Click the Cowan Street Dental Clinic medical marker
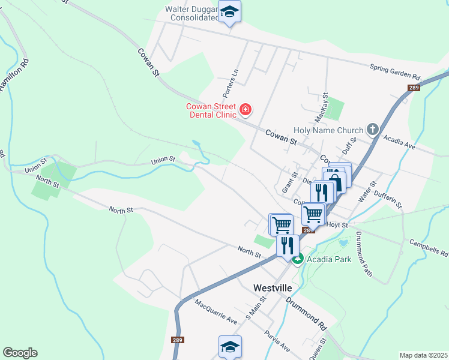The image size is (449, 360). tap(245, 109)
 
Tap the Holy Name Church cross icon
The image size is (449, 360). tap(373, 130)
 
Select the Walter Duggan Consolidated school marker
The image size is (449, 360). tap(229, 12)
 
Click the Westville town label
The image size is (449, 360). tap(272, 288)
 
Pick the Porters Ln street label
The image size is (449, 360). tap(231, 83)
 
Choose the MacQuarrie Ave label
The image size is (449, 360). tap(216, 311)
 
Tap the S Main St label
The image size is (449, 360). tap(254, 311)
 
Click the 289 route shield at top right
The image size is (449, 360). tap(413, 88)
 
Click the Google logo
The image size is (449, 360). tap(20, 353)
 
